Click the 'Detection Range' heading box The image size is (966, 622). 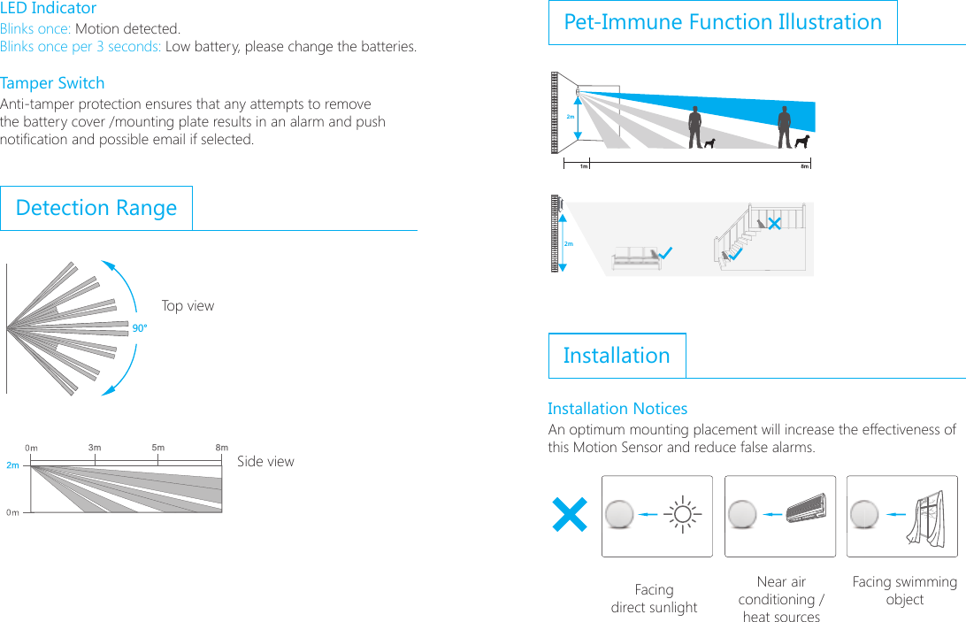[x=96, y=208]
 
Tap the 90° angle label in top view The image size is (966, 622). [x=139, y=328]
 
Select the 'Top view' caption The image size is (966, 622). [x=188, y=306]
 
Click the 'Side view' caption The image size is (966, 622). [x=265, y=462]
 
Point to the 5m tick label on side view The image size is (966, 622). [x=157, y=448]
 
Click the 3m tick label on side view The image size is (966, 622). [x=95, y=448]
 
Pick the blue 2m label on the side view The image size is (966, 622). [x=12, y=465]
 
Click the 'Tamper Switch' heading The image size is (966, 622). [x=52, y=83]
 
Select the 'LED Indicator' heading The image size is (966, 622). [x=49, y=9]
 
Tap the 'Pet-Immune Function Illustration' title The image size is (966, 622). [x=723, y=22]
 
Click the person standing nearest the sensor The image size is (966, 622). [x=695, y=127]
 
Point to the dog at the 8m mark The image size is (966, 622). [x=802, y=142]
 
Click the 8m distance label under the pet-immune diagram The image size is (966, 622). [x=804, y=165]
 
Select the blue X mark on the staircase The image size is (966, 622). [x=774, y=224]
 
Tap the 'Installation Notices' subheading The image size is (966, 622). [x=617, y=409]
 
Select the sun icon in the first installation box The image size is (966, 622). [x=683, y=514]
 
